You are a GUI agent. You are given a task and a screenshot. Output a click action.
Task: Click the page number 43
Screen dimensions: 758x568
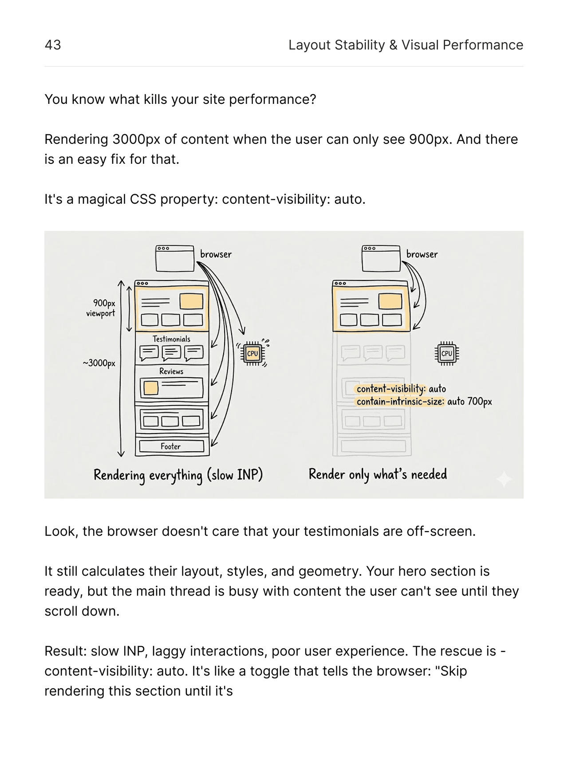coord(53,45)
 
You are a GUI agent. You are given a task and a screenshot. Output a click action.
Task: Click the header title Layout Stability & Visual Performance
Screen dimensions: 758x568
coord(406,45)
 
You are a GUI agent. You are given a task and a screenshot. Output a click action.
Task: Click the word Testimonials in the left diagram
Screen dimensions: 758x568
coord(171,339)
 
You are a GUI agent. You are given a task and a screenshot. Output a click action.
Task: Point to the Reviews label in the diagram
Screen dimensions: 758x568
coord(171,371)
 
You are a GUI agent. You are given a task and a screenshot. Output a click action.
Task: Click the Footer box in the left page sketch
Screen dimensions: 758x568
coord(171,446)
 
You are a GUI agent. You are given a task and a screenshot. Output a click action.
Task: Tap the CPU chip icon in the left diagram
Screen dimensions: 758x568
coord(252,354)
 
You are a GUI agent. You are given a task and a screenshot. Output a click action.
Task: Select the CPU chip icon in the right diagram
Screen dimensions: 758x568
coord(446,354)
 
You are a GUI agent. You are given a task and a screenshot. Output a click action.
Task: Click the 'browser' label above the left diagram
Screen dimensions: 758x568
coord(216,254)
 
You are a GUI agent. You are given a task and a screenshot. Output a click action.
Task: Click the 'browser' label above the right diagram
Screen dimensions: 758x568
coord(422,254)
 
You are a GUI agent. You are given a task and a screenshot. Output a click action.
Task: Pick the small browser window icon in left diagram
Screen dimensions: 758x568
coord(175,258)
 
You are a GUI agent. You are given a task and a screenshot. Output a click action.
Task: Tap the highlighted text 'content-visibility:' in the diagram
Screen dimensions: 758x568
coord(391,389)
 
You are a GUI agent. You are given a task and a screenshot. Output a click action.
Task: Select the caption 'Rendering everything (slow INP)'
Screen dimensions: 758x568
coord(178,475)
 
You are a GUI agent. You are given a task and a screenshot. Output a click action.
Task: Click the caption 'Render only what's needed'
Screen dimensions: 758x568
coord(378,474)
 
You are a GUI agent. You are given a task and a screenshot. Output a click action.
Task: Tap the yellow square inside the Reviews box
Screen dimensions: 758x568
coord(151,388)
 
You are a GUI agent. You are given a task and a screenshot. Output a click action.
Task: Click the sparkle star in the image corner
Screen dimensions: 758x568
coord(504,479)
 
